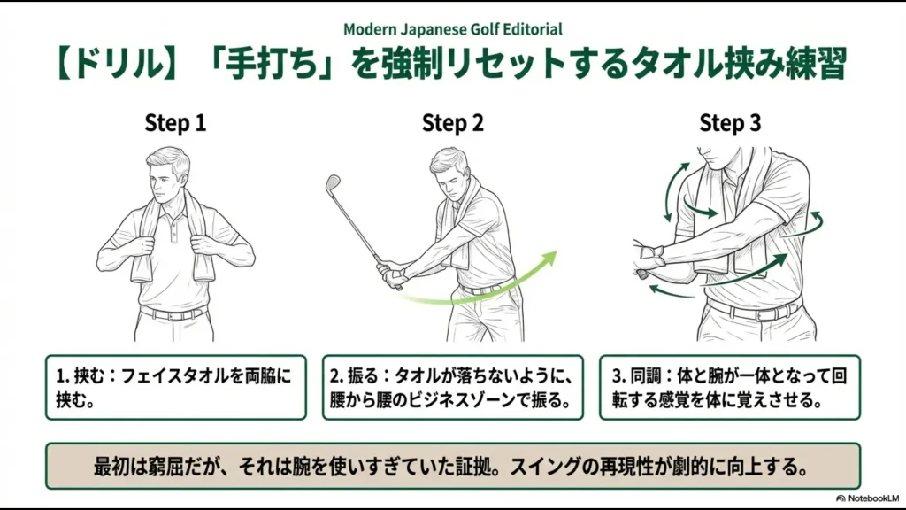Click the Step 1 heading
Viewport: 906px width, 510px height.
pyautogui.click(x=175, y=123)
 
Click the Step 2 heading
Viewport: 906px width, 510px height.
pyautogui.click(x=452, y=123)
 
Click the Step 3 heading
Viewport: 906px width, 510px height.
pyautogui.click(x=730, y=123)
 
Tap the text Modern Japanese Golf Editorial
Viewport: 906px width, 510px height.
pyautogui.click(x=452, y=29)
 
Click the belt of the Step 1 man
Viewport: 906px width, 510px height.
pyautogui.click(x=174, y=313)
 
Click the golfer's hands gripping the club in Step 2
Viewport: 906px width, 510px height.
pyautogui.click(x=388, y=272)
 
